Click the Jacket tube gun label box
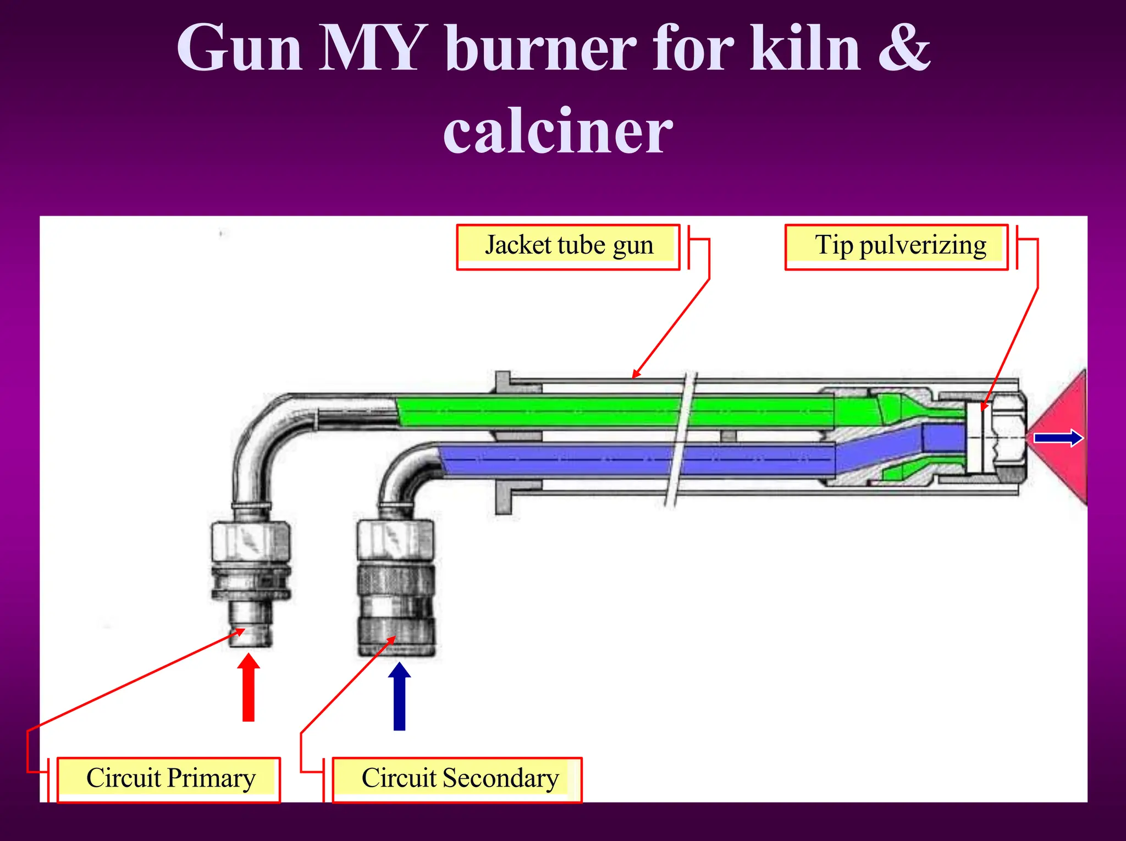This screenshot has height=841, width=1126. pyautogui.click(x=568, y=246)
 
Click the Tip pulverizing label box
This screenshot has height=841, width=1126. pyautogui.click(x=896, y=246)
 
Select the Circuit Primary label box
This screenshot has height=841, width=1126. pyautogui.click(x=169, y=779)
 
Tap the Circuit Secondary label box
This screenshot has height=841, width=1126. pyautogui.click(x=457, y=779)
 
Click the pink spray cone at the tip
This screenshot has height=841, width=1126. pyautogui.click(x=1064, y=468)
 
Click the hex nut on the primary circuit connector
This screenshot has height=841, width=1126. pyautogui.click(x=251, y=542)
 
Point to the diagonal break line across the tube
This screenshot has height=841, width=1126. pyautogui.click(x=681, y=440)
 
